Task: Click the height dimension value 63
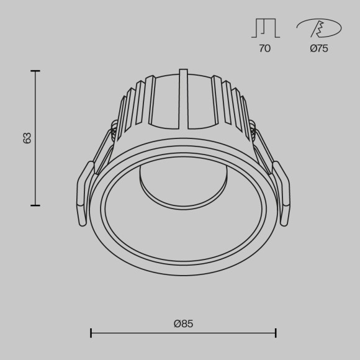click(27, 138)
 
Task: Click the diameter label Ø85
click(184, 323)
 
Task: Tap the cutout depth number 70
click(264, 48)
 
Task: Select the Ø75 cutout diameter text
click(319, 48)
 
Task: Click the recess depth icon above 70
click(265, 28)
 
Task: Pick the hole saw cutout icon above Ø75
click(318, 28)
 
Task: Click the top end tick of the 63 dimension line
click(35, 71)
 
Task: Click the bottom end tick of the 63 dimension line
click(35, 205)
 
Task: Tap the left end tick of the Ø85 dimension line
click(91, 333)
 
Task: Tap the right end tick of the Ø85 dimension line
click(276, 333)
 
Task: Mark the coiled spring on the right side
click(254, 130)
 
